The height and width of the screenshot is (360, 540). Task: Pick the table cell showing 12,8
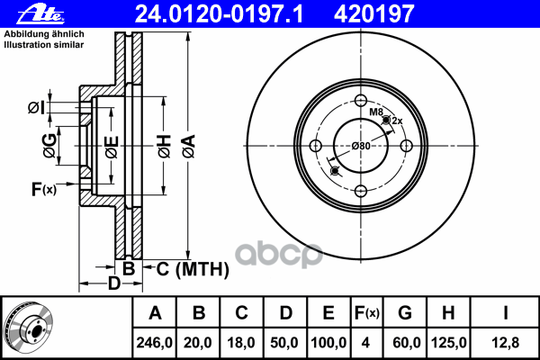tap(507, 342)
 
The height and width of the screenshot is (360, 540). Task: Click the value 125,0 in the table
tap(448, 342)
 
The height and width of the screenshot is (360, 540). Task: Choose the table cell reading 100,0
tap(328, 342)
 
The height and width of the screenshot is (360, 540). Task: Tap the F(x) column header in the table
tap(367, 313)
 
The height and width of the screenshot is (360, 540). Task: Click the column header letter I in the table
tap(507, 313)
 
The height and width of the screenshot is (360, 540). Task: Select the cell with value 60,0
tap(405, 342)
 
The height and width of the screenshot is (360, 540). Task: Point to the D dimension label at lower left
tap(113, 284)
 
